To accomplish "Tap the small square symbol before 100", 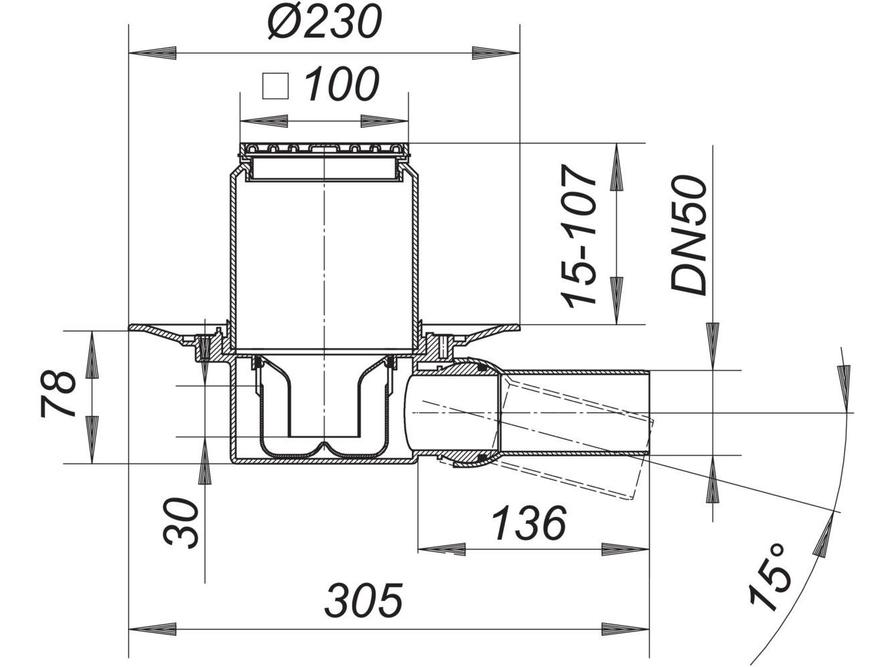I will [274, 87].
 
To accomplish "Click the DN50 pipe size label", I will [688, 235].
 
